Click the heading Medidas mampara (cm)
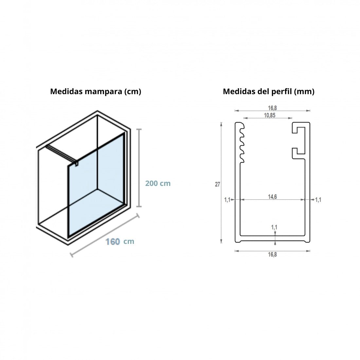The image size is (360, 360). coord(96,92)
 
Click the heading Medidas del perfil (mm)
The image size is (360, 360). coord(268,92)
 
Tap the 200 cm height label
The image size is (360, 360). coord(158,184)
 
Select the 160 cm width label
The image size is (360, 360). coord(119,242)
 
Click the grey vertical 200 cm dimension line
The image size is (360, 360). coord(139,168)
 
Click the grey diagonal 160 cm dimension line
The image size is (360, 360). coord(105,234)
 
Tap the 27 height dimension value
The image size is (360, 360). coord(217,185)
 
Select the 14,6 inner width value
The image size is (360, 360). coord(272,197)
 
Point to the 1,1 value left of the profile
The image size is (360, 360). coord(227,199)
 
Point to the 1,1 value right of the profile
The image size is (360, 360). coord(318,199)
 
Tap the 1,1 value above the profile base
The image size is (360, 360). coord(274,227)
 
